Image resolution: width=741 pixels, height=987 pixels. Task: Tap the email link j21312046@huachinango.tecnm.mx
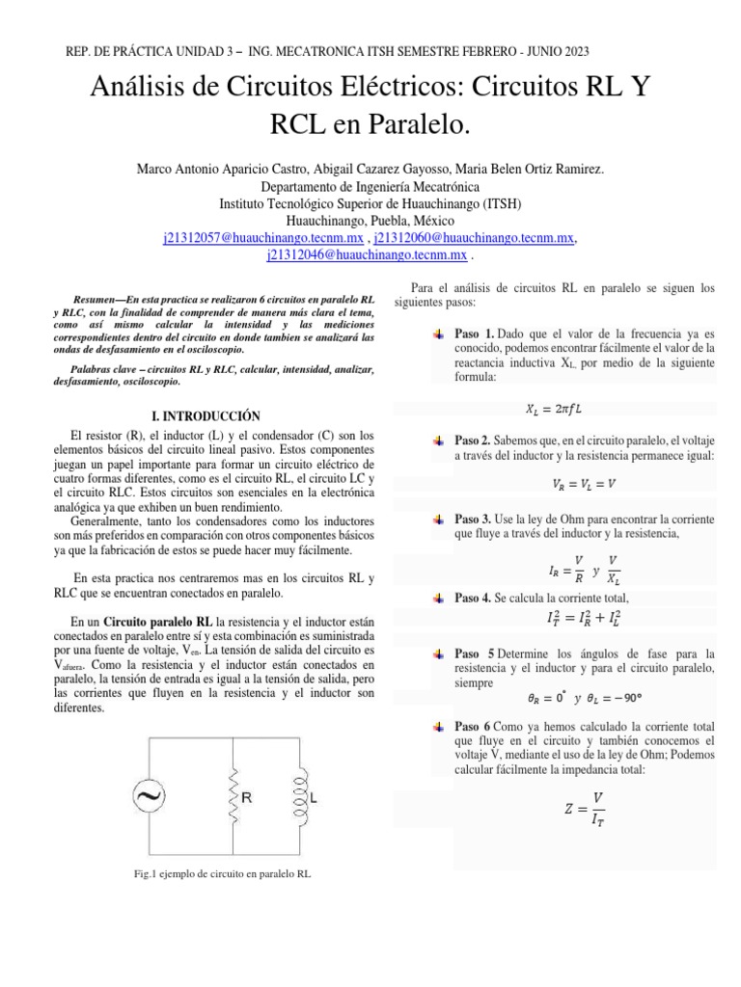(x=368, y=256)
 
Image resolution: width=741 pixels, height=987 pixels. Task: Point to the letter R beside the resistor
(x=248, y=799)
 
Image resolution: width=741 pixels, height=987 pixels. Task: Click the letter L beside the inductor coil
(x=316, y=799)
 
